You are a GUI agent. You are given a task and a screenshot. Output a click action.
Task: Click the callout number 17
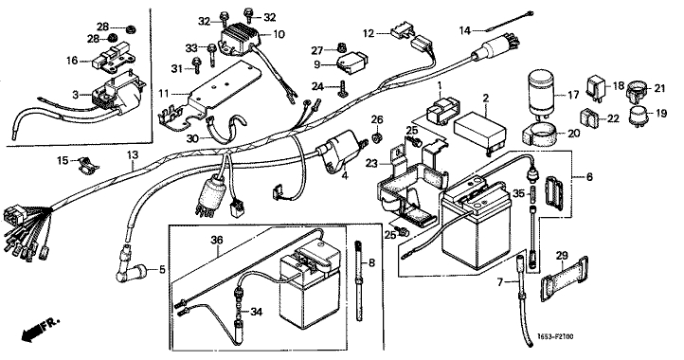(573, 94)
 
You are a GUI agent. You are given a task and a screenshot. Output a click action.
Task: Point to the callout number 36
(217, 240)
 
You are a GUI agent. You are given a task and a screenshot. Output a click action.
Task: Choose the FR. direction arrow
(39, 330)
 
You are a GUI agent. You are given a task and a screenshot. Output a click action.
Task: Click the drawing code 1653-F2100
(555, 337)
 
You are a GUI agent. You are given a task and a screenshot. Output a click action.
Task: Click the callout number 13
(133, 154)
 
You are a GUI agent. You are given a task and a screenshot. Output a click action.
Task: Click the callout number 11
(164, 94)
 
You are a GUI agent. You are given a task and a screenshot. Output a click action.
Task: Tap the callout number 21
(660, 88)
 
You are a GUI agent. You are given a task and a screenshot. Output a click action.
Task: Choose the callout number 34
(257, 312)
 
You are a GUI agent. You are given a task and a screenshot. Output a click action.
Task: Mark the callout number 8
(371, 262)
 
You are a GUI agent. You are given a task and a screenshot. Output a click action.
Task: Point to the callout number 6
(590, 177)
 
